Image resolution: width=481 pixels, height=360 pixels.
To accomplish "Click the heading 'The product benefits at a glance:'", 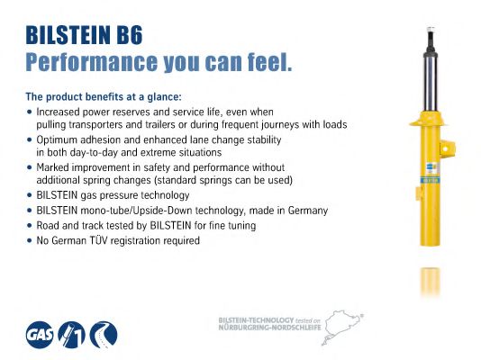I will point(104,96).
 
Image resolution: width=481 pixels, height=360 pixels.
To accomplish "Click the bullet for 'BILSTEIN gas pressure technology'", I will point(30,195).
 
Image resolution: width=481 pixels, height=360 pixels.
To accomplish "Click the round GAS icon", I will point(41,335).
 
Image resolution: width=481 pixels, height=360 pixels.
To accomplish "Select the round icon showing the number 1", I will point(73,335).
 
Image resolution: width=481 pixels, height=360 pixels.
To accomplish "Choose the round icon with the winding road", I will point(104,335).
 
